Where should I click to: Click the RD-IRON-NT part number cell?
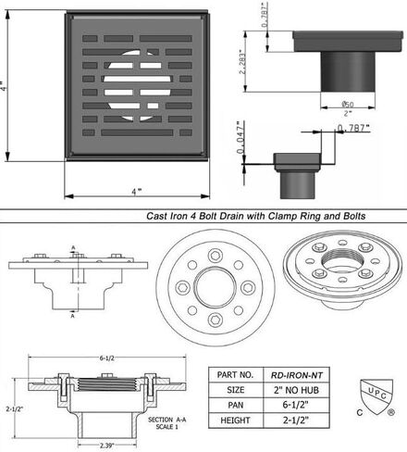point(297,375)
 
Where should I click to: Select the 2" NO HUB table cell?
point(297,390)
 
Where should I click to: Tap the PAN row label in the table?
point(236,405)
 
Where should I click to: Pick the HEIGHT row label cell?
point(236,421)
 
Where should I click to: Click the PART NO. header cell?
point(236,375)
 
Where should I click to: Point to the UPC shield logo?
point(376,396)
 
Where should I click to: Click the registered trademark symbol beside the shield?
point(391,412)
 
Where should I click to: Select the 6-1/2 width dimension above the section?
point(106,358)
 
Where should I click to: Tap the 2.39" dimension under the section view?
point(107,446)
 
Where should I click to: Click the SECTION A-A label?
point(166,420)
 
